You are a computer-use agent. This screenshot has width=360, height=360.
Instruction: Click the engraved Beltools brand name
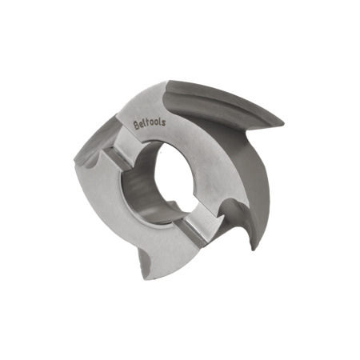[x=150, y=124]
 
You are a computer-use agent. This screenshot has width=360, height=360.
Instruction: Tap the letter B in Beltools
[x=136, y=126]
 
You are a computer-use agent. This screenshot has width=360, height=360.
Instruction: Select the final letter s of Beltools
[x=164, y=122]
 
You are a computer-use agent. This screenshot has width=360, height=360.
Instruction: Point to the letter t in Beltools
[x=147, y=124]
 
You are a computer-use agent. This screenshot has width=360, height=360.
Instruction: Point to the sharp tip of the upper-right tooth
[x=283, y=123]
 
